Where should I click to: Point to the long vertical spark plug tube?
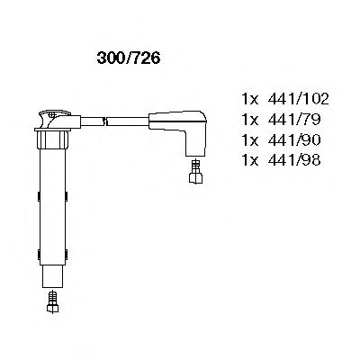point(53,198)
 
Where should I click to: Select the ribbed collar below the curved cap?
point(53,141)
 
